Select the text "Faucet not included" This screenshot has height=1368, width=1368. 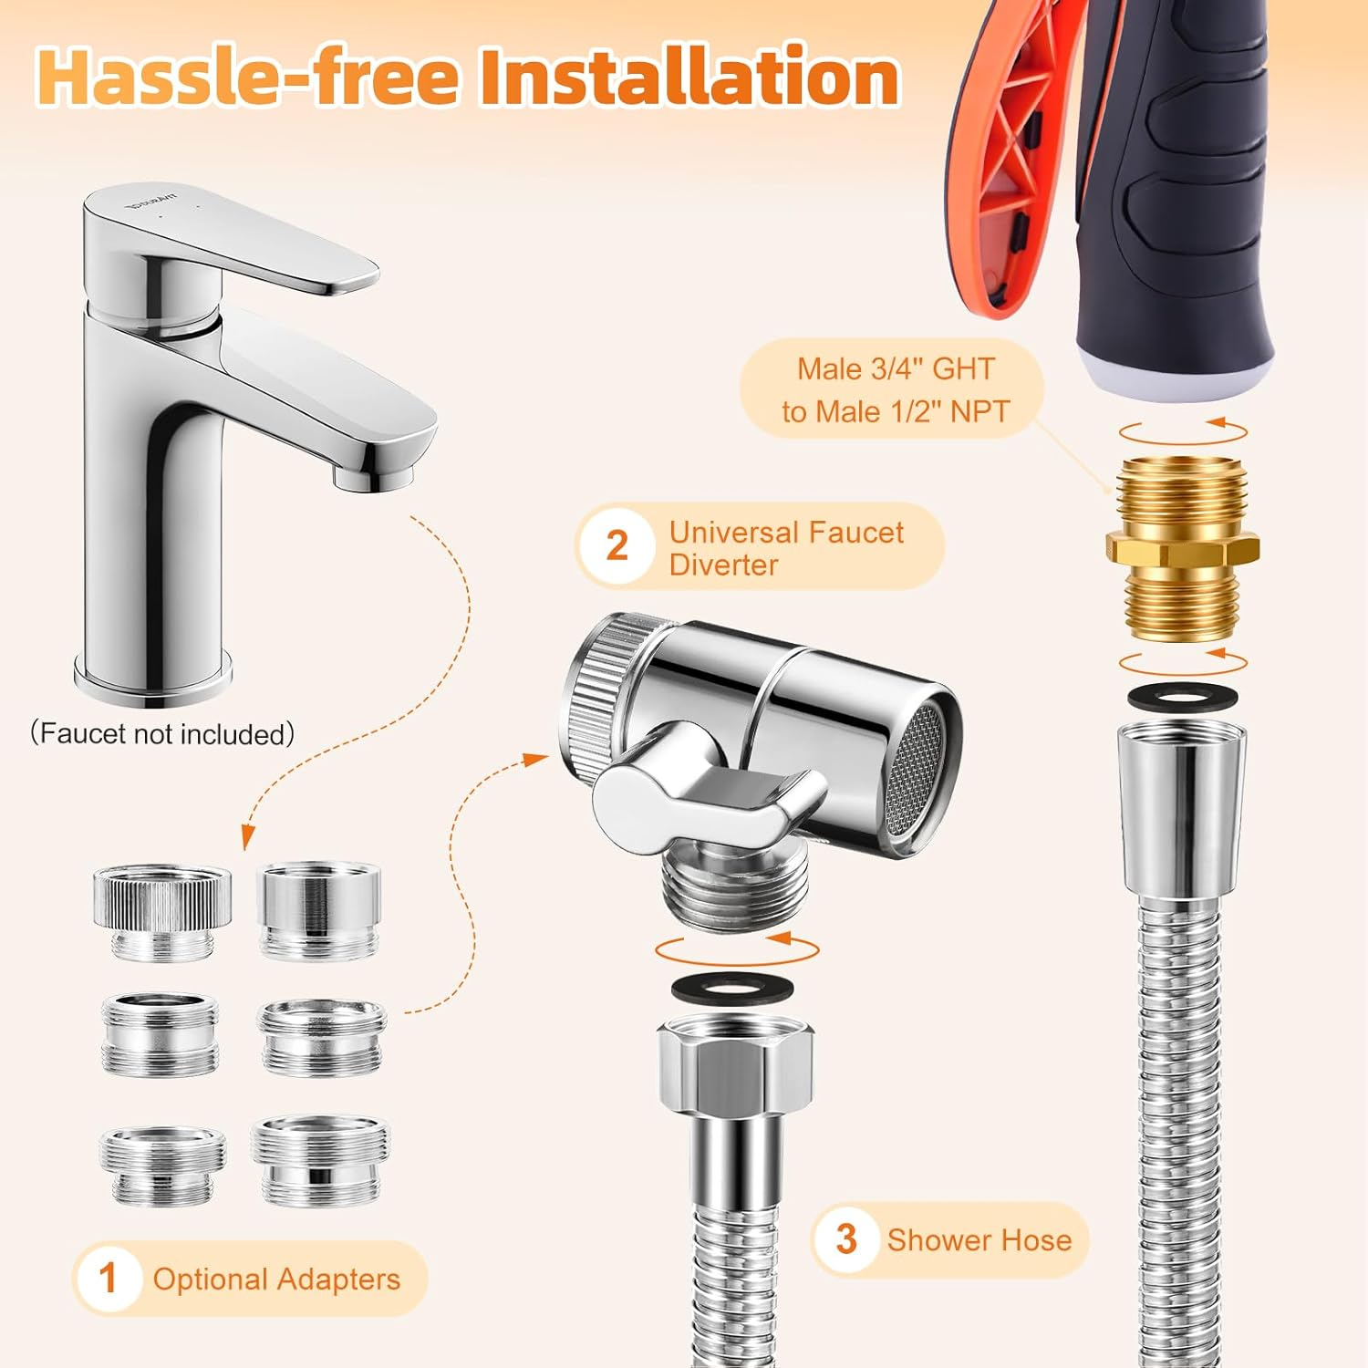coord(162,734)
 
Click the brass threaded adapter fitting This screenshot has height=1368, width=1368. coord(1182,548)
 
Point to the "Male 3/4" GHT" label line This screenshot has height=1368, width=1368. coord(896,369)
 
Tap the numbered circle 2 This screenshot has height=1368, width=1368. coord(617,546)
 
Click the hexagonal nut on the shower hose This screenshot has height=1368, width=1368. coord(735,1064)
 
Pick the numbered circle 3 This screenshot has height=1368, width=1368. coord(847,1239)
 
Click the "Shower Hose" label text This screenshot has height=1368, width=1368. coord(979,1240)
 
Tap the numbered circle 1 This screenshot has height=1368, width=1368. coord(109,1278)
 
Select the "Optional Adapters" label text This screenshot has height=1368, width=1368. coord(276,1280)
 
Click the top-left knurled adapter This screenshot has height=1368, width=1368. coord(161,909)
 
